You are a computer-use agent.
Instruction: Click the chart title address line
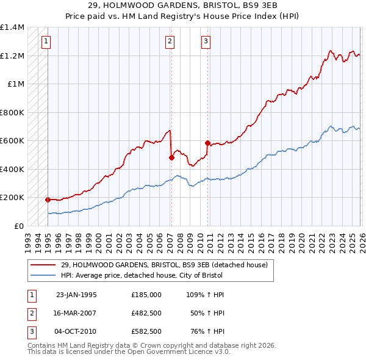pos(183,5)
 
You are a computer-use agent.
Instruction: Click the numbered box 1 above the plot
pos(47,41)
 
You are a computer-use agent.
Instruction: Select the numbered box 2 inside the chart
pos(170,41)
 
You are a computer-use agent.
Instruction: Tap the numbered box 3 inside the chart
pos(206,41)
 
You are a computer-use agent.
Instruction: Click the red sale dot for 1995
pos(48,200)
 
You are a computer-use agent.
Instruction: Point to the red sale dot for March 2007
pos(171,157)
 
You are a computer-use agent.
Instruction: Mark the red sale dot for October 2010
pos(208,143)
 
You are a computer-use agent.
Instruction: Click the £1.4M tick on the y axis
pos(12,27)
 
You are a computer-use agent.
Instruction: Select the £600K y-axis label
pos(12,140)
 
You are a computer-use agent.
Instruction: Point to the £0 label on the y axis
pos(18,226)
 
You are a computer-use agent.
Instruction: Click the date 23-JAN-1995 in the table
pos(76,294)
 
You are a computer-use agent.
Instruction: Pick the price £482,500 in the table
pos(146,313)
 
